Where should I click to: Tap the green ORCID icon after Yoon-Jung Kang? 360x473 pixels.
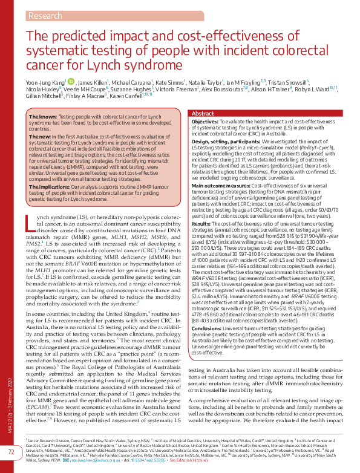pyautogui.click(x=70, y=82)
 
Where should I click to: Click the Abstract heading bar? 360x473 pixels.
pyautogui.click(x=202, y=114)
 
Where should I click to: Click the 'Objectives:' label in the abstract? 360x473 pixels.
pyautogui.click(x=205, y=122)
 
